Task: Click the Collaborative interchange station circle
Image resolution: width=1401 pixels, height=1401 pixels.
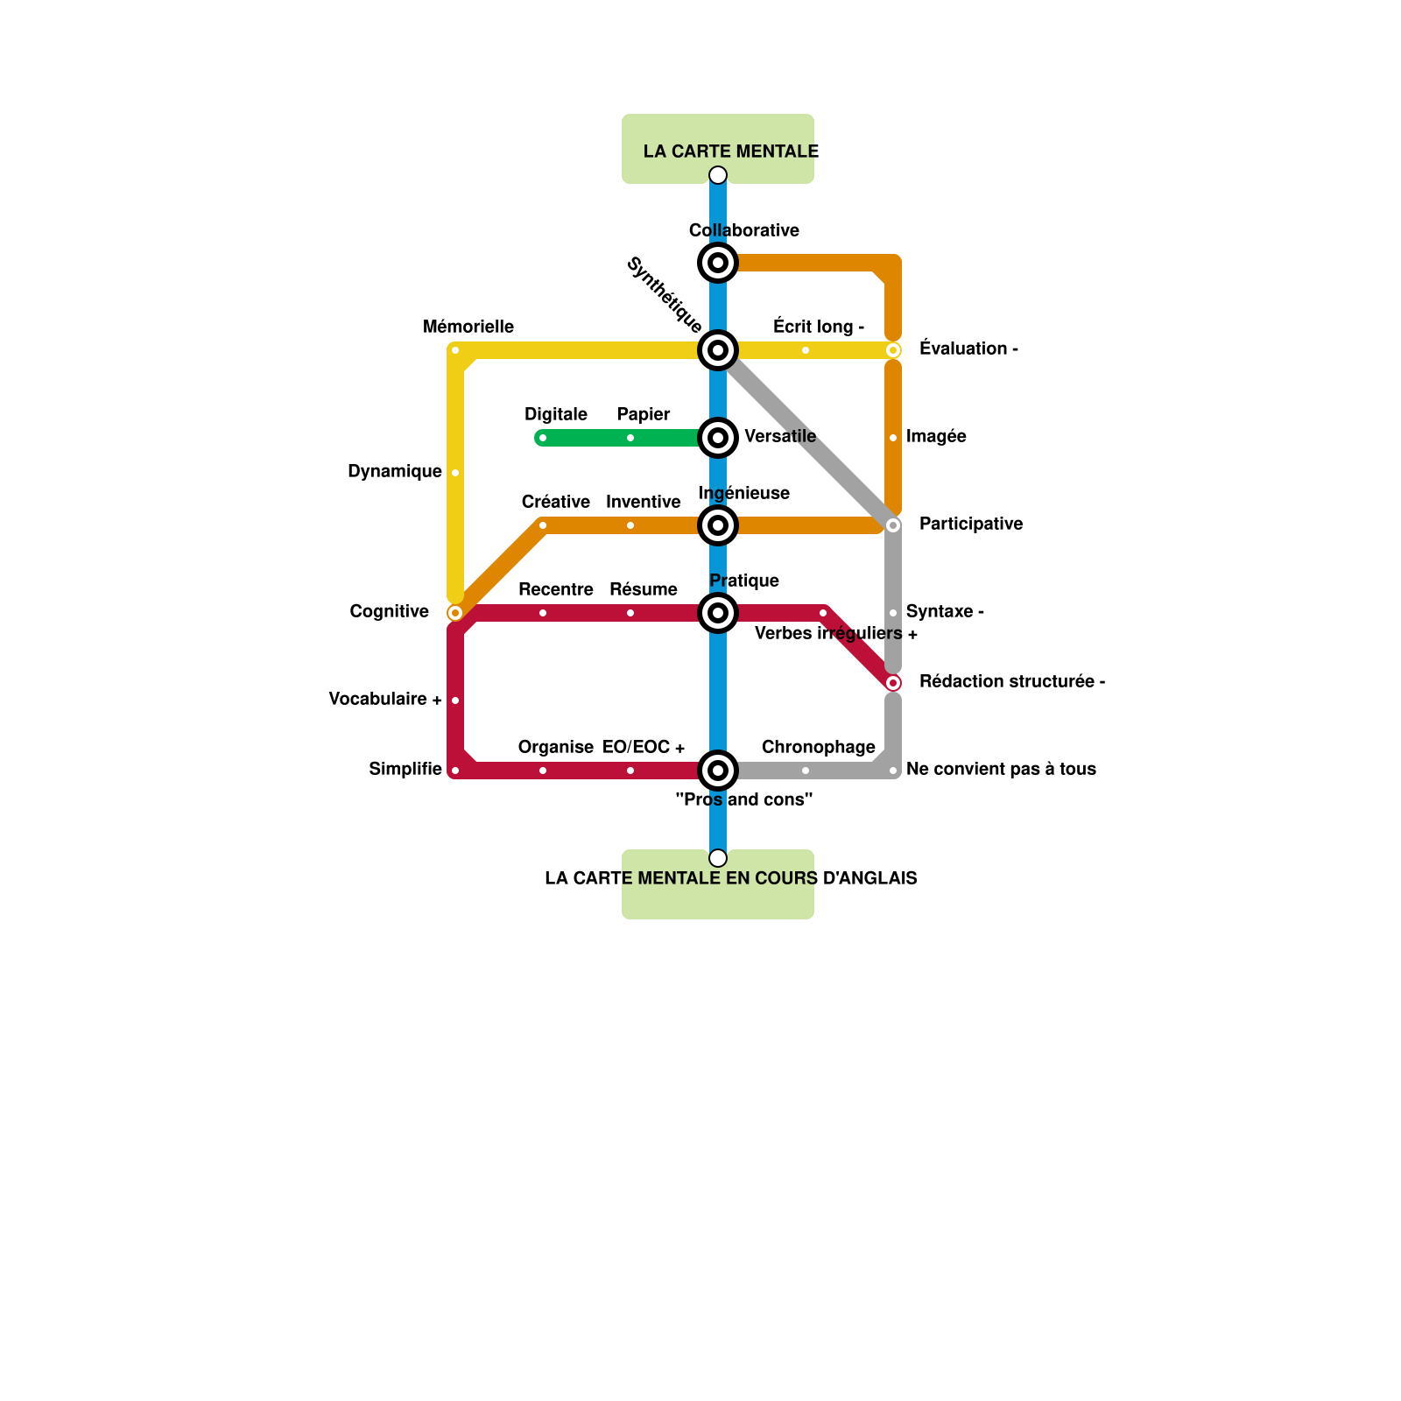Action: click(x=718, y=263)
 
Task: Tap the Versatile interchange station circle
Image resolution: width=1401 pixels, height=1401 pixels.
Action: click(x=718, y=438)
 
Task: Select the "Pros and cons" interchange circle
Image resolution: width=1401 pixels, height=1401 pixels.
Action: click(x=718, y=771)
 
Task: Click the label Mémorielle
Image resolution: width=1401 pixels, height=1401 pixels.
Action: click(x=468, y=327)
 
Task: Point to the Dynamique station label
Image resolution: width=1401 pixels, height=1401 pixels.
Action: click(x=395, y=472)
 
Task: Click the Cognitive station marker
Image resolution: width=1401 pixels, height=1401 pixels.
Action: click(x=455, y=613)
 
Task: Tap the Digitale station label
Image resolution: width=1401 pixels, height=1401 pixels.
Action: click(x=556, y=415)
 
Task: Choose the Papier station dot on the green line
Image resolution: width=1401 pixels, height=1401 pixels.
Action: click(x=630, y=438)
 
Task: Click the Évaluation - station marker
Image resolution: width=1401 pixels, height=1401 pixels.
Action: click(x=893, y=350)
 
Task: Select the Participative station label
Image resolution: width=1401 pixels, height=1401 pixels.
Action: click(x=971, y=524)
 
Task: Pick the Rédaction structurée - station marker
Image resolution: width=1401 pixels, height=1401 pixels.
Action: click(x=893, y=683)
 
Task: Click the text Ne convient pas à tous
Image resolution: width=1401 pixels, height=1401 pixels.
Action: click(x=1001, y=770)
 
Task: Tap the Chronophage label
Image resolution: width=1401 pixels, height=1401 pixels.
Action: click(x=819, y=748)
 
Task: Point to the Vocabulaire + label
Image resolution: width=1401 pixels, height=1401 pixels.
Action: click(x=385, y=700)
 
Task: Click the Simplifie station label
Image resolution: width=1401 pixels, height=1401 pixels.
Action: click(x=405, y=770)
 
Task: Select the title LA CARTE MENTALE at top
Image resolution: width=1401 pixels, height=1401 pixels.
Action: click(x=731, y=151)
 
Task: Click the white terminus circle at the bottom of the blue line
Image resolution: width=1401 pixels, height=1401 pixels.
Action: click(x=718, y=858)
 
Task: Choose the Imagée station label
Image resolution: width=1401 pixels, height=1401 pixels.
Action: click(x=936, y=437)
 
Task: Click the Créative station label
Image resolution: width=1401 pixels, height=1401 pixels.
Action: click(x=556, y=503)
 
